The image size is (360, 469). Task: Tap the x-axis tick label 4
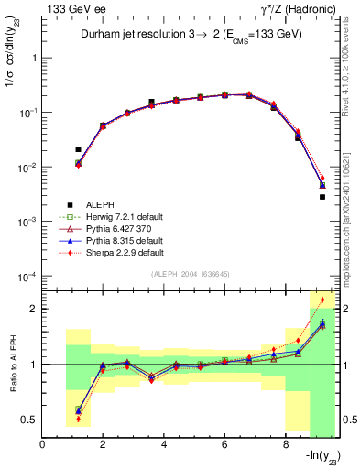(x=163, y=446)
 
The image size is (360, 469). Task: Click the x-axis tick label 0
(x=43, y=446)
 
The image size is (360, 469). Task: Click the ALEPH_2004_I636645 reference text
(x=191, y=276)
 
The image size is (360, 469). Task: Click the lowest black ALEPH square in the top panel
(x=322, y=197)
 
